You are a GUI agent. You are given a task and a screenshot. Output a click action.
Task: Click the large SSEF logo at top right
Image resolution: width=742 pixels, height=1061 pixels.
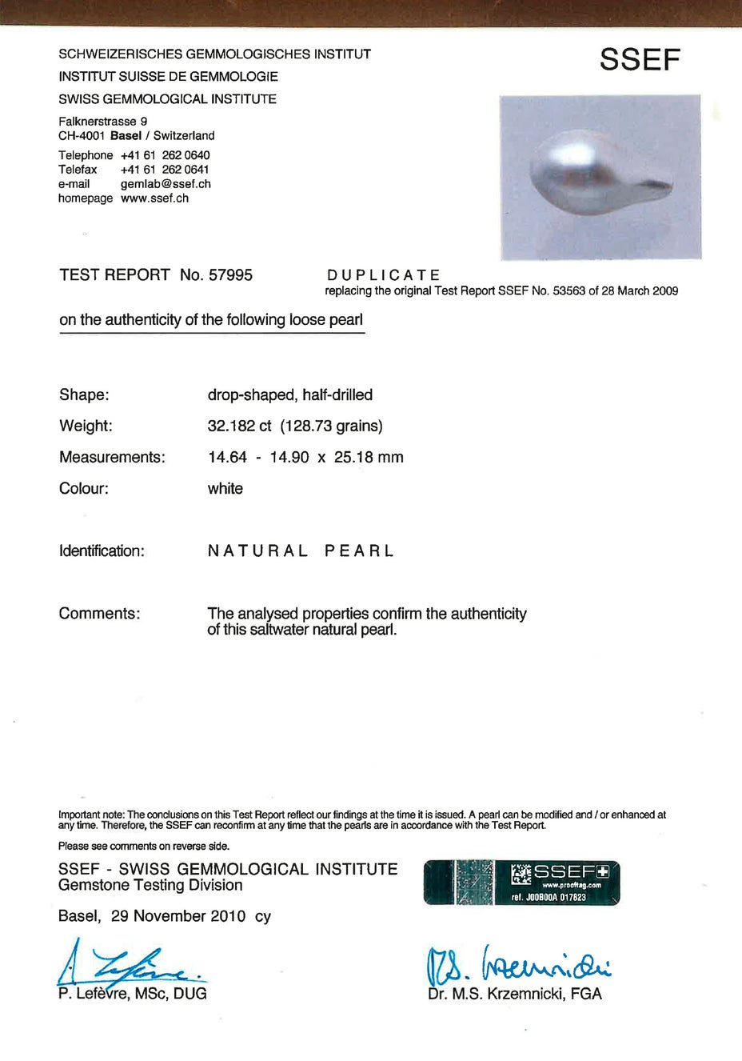click(x=640, y=60)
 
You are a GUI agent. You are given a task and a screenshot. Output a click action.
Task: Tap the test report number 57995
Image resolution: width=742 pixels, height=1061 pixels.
click(x=230, y=275)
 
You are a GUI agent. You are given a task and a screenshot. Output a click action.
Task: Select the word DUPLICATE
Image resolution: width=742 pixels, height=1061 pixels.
click(x=384, y=275)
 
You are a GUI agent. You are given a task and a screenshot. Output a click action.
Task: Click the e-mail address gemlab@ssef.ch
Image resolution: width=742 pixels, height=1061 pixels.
click(x=166, y=184)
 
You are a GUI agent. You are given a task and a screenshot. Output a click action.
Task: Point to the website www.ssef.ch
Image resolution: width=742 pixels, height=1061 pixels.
click(x=154, y=198)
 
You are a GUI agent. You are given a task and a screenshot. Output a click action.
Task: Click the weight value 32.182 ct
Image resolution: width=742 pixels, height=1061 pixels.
click(x=239, y=426)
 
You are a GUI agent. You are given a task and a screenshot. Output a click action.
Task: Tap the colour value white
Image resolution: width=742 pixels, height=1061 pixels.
click(x=225, y=489)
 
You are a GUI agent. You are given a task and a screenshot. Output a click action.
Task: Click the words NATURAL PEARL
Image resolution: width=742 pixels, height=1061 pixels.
click(x=301, y=551)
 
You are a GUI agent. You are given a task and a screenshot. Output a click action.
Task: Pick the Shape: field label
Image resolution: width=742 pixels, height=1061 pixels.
click(x=84, y=395)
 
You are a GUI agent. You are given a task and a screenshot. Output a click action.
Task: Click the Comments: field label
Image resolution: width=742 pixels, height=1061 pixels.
click(x=99, y=614)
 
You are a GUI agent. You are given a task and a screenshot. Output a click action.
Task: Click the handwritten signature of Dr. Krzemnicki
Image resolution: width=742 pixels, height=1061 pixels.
click(x=518, y=964)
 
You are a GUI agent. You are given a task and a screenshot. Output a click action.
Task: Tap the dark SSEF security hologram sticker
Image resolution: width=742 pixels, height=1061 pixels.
click(x=521, y=883)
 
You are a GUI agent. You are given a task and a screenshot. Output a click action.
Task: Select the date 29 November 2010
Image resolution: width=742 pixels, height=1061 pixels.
click(x=178, y=916)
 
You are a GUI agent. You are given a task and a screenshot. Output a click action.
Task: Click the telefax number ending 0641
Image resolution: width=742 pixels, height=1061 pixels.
click(x=165, y=170)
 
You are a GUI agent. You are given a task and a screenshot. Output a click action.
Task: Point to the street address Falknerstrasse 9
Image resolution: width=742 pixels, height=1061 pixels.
click(x=102, y=122)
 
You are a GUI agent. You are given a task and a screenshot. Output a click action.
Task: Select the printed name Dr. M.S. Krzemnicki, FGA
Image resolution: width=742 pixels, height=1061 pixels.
click(x=514, y=994)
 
